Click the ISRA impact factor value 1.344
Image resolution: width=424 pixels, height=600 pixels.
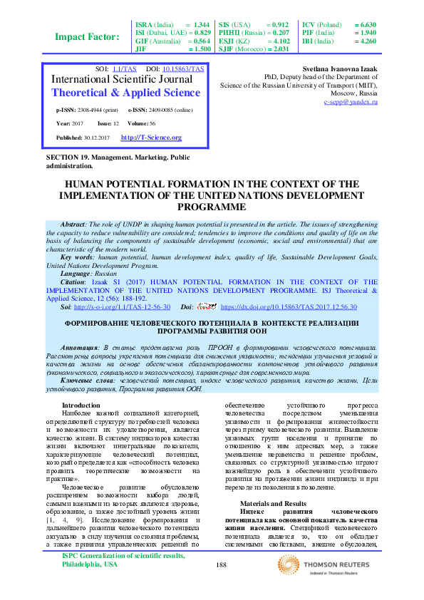coord(201,24)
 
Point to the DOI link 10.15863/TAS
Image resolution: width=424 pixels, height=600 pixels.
coord(183,69)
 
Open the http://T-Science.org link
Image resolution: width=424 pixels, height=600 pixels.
coord(151,138)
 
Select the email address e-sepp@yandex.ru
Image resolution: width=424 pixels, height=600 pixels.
coord(350,103)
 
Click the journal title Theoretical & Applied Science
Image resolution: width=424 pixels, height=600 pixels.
coord(127,93)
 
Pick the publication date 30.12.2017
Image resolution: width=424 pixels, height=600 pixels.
coord(99,138)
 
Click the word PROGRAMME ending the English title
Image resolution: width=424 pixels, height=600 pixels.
coord(212,206)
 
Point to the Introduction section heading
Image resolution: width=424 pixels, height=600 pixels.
coord(82,405)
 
